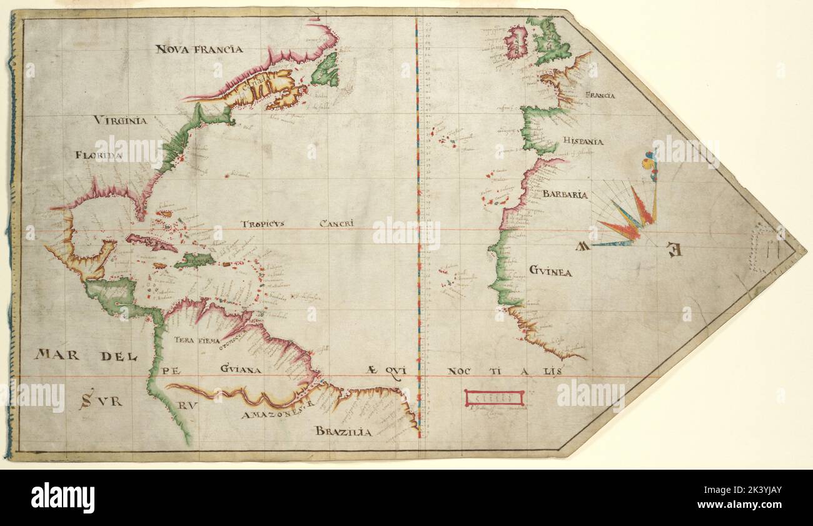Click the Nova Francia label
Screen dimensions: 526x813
pyautogui.click(x=199, y=49)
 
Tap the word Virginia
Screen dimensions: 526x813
pyautogui.click(x=121, y=120)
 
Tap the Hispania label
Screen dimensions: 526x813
pyautogui.click(x=582, y=141)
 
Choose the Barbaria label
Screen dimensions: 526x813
pyautogui.click(x=565, y=195)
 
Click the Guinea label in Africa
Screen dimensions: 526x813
pyautogui.click(x=550, y=272)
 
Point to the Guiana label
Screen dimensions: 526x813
pyautogui.click(x=240, y=370)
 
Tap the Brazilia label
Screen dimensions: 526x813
pyautogui.click(x=343, y=431)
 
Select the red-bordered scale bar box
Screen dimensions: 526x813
pyautogui.click(x=494, y=397)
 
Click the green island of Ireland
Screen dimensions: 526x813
pyautogui.click(x=517, y=43)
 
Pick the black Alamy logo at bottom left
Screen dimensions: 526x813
pyautogui.click(x=63, y=497)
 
